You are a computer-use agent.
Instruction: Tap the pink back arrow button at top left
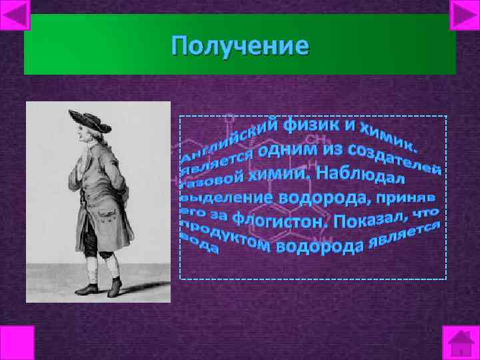[16, 15]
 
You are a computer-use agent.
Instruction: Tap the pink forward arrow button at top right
[464, 15]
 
